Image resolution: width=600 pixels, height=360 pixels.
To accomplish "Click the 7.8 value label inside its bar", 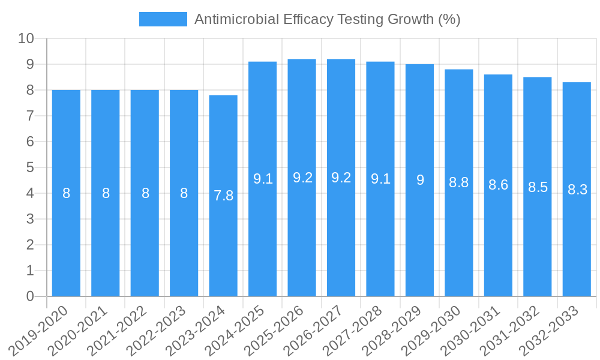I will (223, 196).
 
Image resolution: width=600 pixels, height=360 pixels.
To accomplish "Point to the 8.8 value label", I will (459, 183).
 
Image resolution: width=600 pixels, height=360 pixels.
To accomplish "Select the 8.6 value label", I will (498, 185).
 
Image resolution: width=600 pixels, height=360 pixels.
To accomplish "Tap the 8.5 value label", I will (538, 187).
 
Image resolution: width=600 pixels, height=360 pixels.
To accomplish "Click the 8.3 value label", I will (577, 190).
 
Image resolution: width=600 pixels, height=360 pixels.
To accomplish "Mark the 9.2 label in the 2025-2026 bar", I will (302, 178).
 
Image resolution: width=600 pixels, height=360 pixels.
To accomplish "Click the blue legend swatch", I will (163, 19).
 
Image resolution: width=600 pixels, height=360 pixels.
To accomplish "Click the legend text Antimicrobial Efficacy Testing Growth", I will (327, 19).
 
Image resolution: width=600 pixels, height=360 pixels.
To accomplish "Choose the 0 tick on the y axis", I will (30, 296).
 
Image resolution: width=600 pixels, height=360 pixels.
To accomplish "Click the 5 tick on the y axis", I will (30, 167).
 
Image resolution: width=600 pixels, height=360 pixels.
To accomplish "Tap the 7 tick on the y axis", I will (30, 116).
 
